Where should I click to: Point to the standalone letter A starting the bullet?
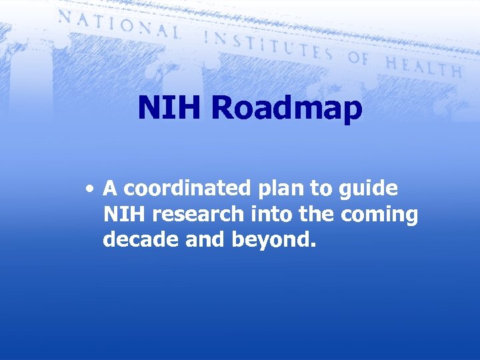[x=111, y=189]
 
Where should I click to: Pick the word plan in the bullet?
[x=271, y=190]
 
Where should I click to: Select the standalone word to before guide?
[x=321, y=189]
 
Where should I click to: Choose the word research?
[x=198, y=215]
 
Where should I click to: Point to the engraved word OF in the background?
[x=359, y=59]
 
